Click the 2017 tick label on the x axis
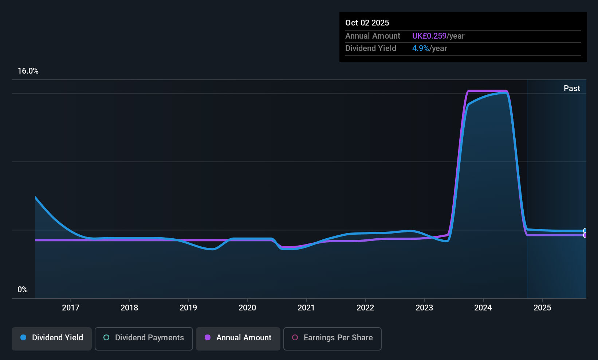71,308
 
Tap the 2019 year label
188,308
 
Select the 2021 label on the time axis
306,308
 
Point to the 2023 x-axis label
424,308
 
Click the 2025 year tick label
542,308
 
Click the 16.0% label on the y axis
28,71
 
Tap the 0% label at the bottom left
23,290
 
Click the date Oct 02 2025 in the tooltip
367,23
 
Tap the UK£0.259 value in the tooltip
429,36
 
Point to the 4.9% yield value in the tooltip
421,48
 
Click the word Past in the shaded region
572,88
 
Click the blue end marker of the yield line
586,231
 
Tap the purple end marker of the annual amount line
586,235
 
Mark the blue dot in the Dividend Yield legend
23,337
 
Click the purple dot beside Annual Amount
208,337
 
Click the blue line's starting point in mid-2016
35,197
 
